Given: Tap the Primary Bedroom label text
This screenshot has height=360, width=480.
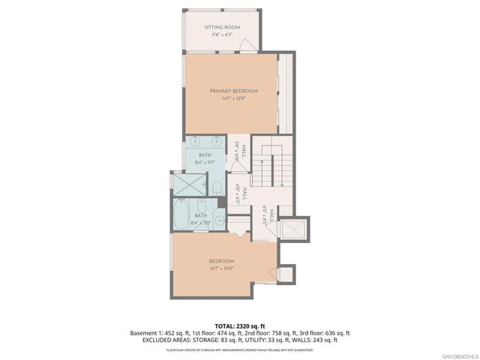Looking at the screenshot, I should click(233, 91).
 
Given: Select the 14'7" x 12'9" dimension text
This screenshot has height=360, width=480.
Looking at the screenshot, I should click(233, 98).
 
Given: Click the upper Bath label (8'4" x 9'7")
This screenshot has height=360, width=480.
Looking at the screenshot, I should click(205, 154).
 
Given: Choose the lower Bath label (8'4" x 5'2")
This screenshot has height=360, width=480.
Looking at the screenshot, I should click(200, 216).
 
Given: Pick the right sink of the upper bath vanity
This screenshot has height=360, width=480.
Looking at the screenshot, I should click(217, 140).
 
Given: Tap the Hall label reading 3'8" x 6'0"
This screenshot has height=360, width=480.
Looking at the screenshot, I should click(238, 152).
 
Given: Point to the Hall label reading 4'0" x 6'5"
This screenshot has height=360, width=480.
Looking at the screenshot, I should click(239, 194).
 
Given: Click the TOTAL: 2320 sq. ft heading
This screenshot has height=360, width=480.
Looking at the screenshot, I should click(239, 325).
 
